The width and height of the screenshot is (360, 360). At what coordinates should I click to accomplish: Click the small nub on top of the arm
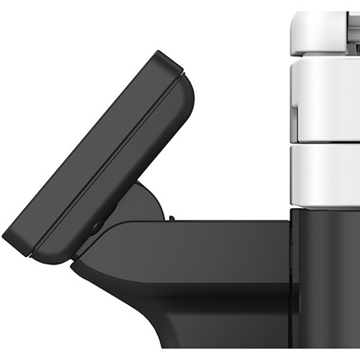[172, 218]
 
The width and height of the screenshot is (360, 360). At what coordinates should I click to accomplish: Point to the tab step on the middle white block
[294, 108]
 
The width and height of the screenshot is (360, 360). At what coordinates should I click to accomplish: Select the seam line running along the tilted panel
[108, 162]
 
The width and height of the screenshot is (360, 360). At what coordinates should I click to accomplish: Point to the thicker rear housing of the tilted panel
[137, 151]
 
